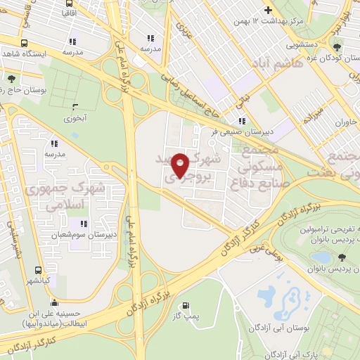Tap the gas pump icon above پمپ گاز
[186, 306]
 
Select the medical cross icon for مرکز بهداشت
[266, 11]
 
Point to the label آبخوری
[75, 118]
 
